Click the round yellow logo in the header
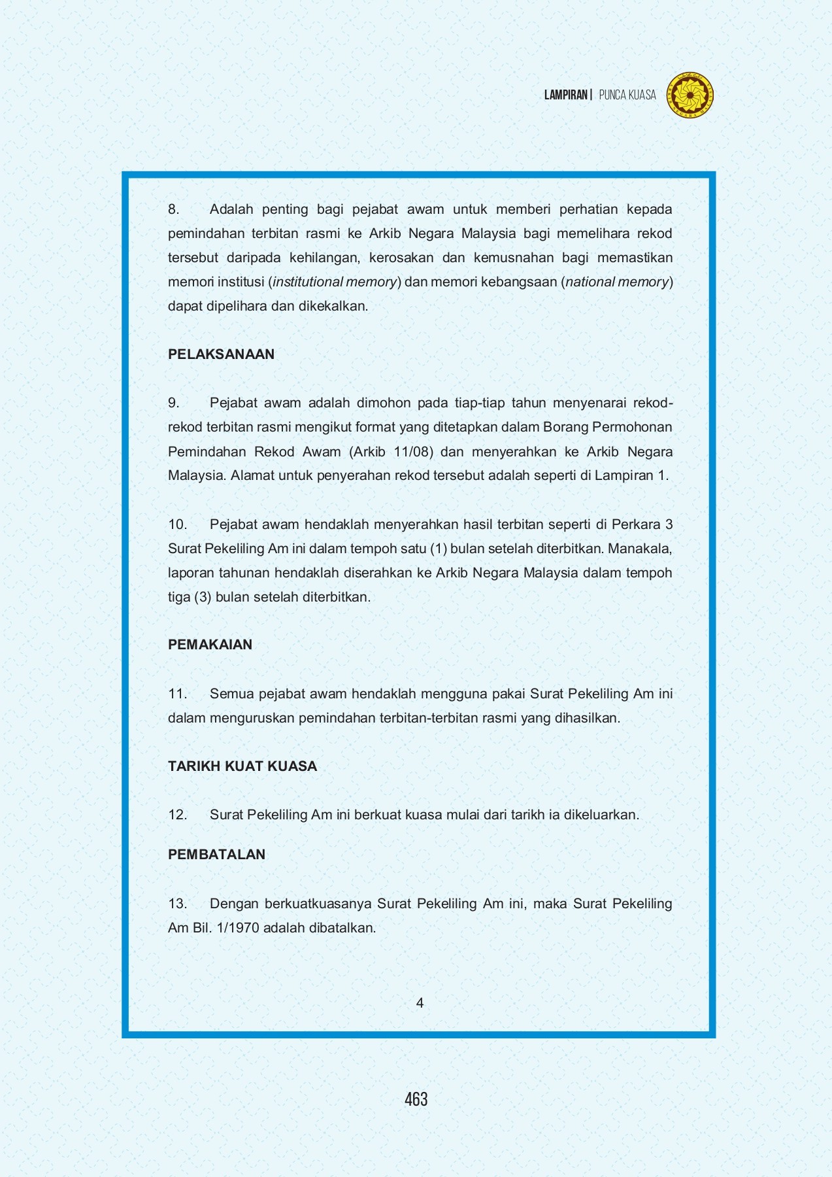coord(690,95)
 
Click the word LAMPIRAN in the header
coord(566,95)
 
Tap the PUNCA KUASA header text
coord(627,95)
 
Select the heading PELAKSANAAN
coord(221,354)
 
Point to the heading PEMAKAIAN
coord(210,645)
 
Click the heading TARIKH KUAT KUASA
coord(242,766)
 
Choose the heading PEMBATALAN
coord(216,855)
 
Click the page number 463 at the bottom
coord(416,1099)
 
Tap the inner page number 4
coord(420,1003)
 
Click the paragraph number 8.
coord(173,209)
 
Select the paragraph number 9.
coord(173,403)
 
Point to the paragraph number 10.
coord(177,524)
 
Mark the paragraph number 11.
coord(177,694)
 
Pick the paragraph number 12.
coord(177,815)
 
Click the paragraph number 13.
coord(177,904)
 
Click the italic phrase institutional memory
coord(335,282)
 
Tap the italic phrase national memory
coord(617,282)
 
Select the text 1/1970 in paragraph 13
coord(237,928)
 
